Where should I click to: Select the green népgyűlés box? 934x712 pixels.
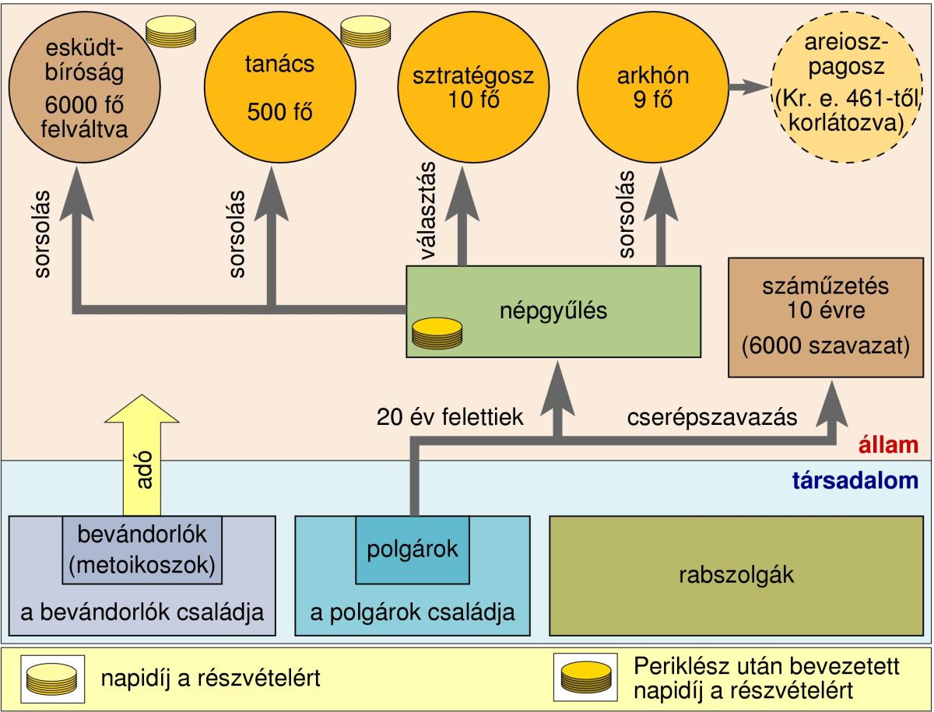pyautogui.click(x=553, y=311)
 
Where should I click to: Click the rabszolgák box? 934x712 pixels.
pyautogui.click(x=736, y=575)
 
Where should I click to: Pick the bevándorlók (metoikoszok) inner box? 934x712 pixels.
pyautogui.click(x=142, y=549)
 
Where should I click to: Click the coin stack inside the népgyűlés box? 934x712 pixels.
pyautogui.click(x=437, y=334)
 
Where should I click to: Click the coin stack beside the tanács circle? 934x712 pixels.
pyautogui.click(x=365, y=31)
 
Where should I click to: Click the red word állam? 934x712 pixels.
pyautogui.click(x=889, y=446)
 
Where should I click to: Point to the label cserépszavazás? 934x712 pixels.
pyautogui.click(x=712, y=418)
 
